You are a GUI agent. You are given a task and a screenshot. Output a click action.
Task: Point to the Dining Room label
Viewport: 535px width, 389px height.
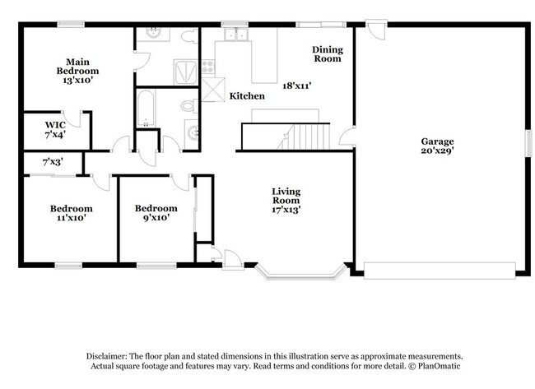click(x=327, y=54)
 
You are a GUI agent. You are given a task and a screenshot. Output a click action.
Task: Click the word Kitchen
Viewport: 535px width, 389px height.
click(x=247, y=96)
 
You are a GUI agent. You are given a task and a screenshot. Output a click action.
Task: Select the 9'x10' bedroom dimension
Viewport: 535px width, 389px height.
click(x=156, y=218)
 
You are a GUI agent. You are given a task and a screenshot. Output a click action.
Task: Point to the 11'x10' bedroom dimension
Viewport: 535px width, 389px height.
click(x=70, y=218)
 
